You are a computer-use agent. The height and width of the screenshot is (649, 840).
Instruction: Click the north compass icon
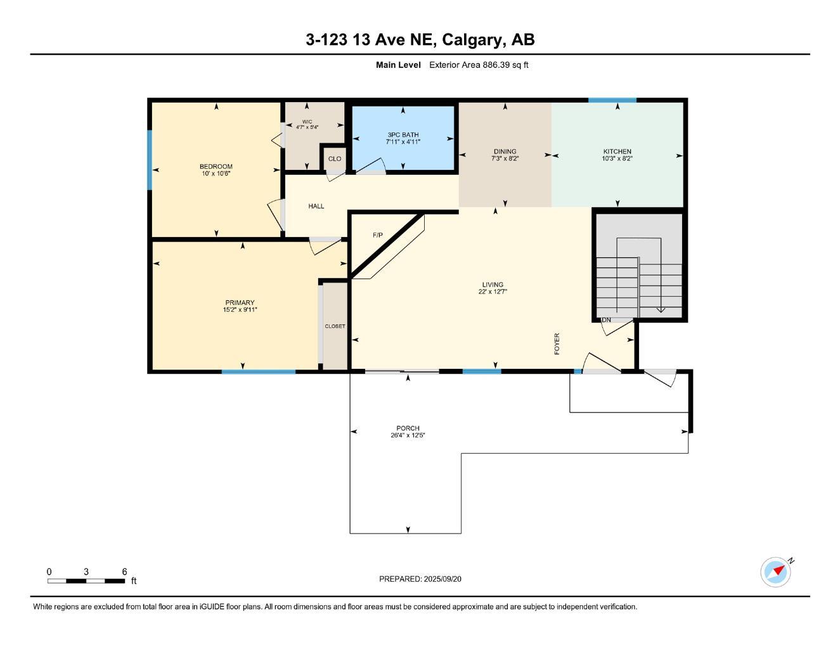tap(776, 572)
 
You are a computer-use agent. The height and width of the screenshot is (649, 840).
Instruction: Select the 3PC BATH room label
tap(403, 135)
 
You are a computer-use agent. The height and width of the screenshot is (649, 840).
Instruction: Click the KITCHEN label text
tap(617, 151)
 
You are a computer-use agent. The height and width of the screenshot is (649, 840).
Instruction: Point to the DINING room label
tap(505, 151)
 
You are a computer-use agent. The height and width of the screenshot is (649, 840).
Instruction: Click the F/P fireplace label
tap(377, 235)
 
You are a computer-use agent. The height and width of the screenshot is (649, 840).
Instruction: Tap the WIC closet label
tap(307, 122)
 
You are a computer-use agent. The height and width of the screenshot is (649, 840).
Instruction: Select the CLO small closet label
tap(334, 159)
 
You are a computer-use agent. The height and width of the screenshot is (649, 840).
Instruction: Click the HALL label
tap(316, 206)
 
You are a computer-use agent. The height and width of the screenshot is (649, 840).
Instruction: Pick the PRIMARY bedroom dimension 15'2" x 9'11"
tap(240, 310)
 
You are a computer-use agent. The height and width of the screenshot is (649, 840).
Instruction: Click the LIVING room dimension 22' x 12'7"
tap(493, 292)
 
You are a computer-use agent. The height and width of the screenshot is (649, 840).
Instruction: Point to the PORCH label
tap(408, 428)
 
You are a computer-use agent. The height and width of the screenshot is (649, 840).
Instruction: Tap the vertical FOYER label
tap(557, 343)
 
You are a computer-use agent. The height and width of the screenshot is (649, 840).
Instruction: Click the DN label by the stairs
tap(606, 320)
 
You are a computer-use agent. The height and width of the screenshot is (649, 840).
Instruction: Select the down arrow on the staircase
tap(660, 309)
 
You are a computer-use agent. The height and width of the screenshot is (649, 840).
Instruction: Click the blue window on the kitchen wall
tap(612, 100)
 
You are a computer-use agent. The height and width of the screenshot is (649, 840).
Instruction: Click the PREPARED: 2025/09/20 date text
tap(420, 579)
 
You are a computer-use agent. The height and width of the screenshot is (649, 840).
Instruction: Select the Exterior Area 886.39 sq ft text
tap(479, 65)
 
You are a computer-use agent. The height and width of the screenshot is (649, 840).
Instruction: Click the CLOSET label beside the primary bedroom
tap(335, 326)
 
